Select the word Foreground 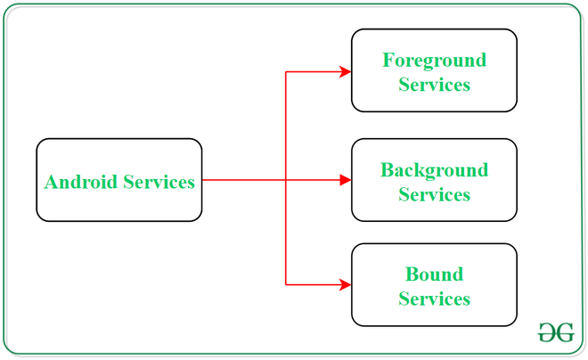(435, 60)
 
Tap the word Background (435, 169)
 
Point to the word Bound (435, 274)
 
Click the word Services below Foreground (435, 85)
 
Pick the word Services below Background (435, 194)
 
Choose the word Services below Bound (435, 299)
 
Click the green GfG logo (556, 332)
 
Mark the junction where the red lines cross (286, 180)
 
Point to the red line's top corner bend (286, 71)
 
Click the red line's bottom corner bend (286, 284)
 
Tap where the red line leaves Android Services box (203, 180)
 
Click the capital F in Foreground (388, 60)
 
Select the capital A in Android (51, 182)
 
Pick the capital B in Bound (412, 274)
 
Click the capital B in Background (387, 169)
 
